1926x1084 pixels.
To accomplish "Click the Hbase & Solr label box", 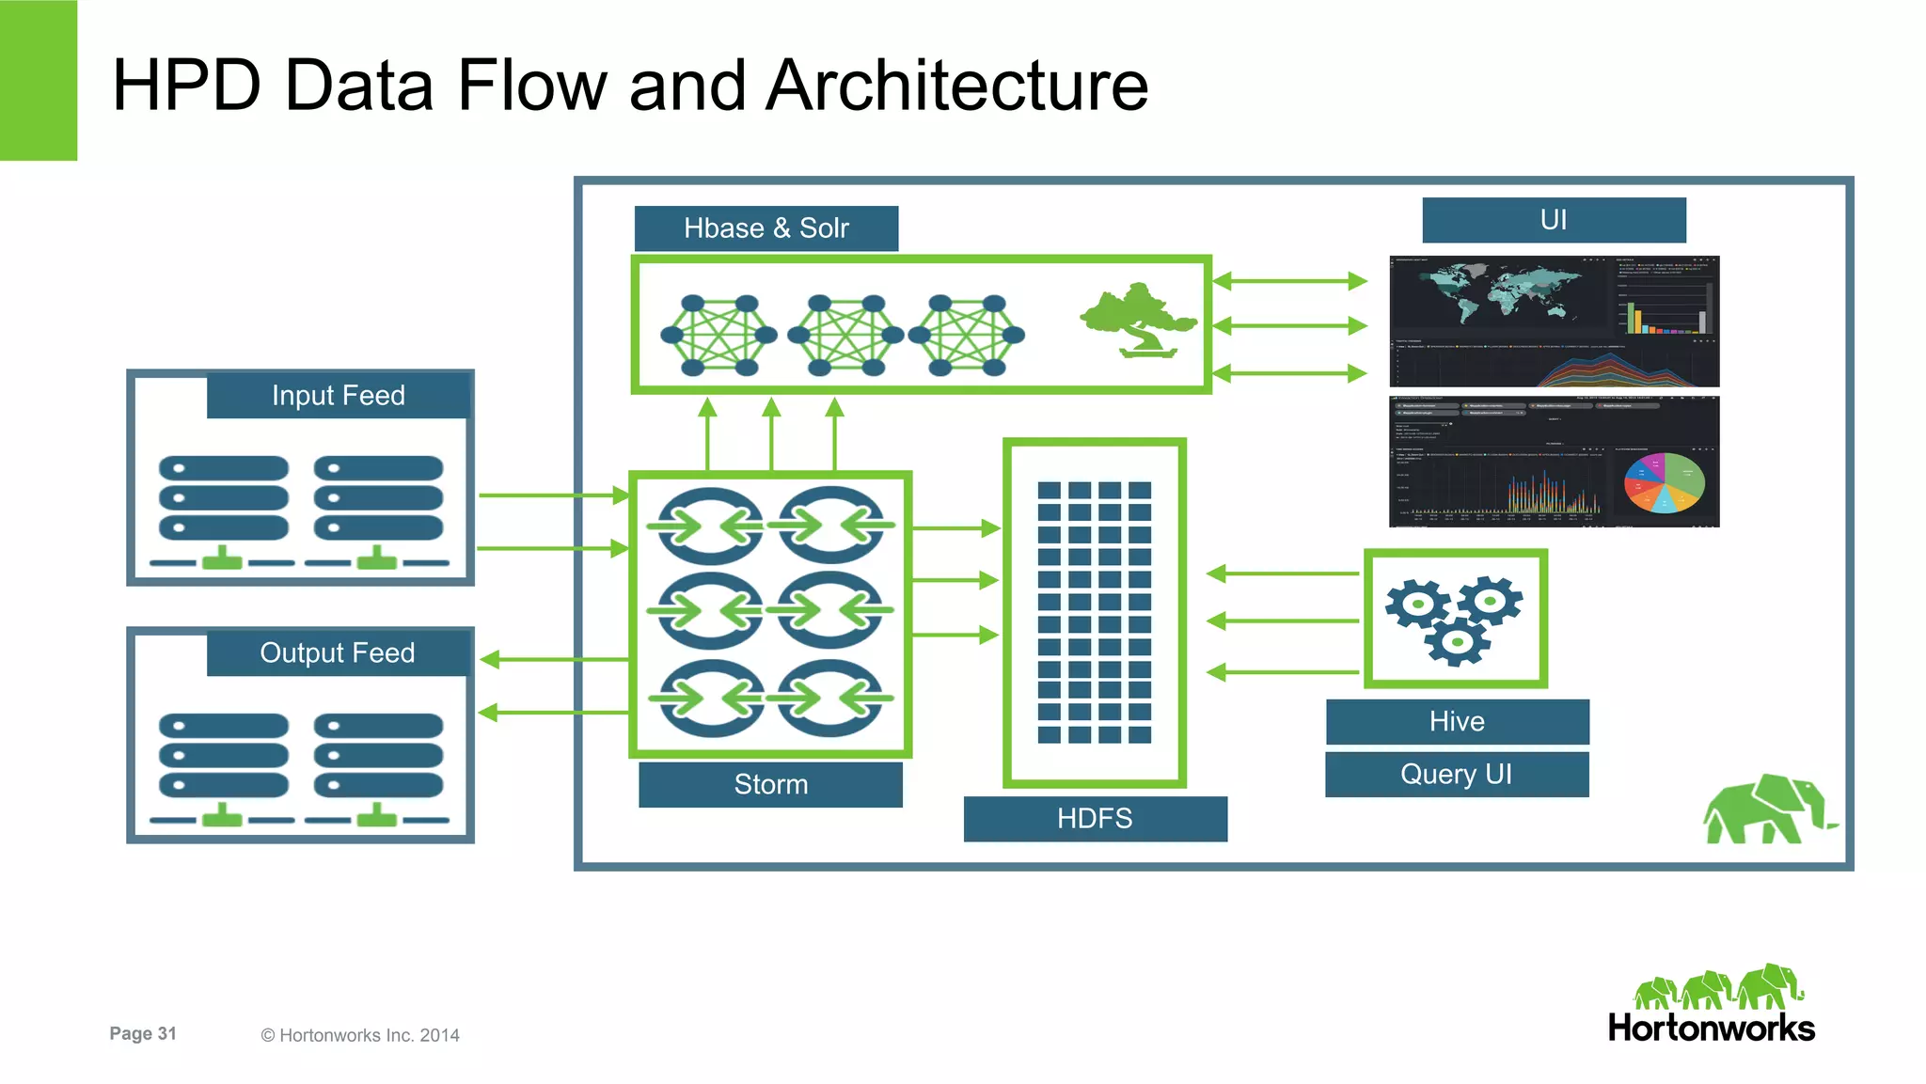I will (x=766, y=228).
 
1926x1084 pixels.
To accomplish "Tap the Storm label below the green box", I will (x=770, y=784).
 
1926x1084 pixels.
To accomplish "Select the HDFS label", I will (x=1095, y=818).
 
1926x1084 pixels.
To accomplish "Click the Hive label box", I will (x=1457, y=721).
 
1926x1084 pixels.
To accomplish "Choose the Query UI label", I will (x=1456, y=774).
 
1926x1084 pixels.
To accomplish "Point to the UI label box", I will (x=1554, y=220).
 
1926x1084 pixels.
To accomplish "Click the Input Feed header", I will (x=338, y=395).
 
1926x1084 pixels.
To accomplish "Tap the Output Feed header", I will (x=337, y=652).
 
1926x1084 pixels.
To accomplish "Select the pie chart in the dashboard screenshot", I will (x=1664, y=482).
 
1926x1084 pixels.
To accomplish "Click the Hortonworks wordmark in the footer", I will (x=1711, y=1028).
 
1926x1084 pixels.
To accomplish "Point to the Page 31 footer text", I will (x=143, y=1033).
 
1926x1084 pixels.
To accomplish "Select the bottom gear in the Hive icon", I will (x=1457, y=642).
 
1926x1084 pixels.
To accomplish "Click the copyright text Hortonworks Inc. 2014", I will (x=360, y=1035).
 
